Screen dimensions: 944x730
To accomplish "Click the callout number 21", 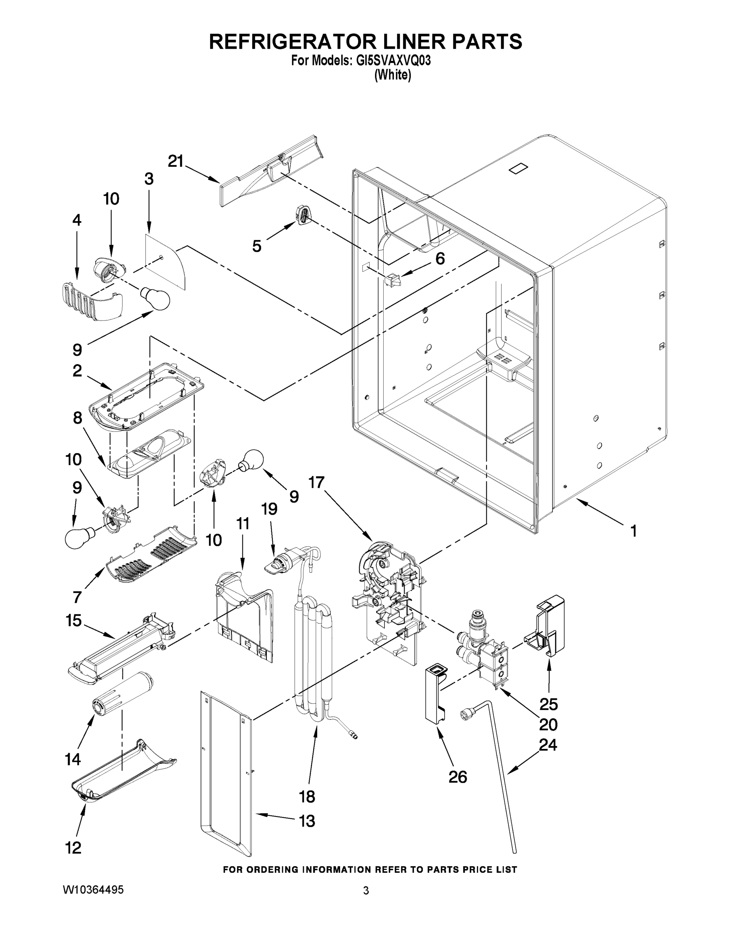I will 176,161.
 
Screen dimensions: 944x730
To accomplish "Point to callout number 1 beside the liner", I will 633,531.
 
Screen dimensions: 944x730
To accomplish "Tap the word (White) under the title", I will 392,75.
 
